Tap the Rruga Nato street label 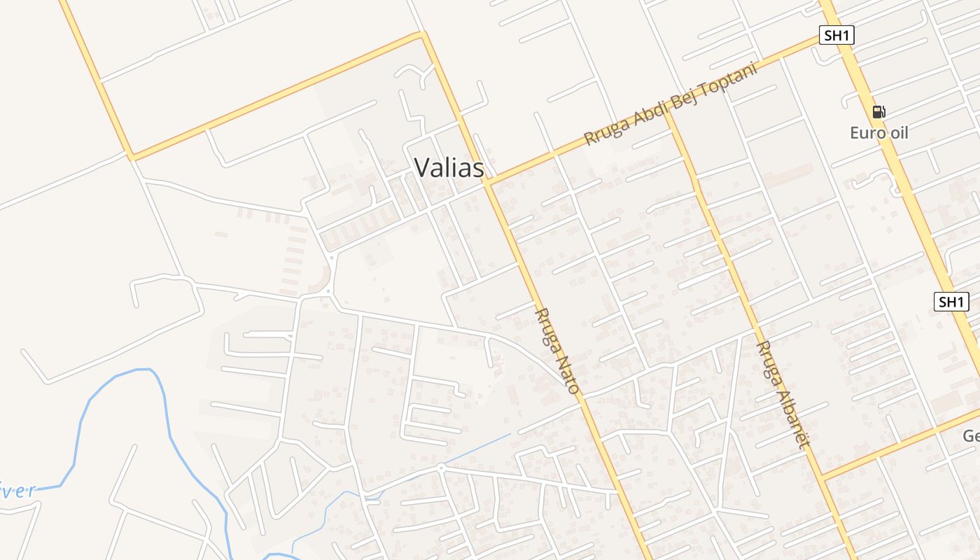tap(557, 350)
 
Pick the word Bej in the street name tap(675, 104)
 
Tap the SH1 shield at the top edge tap(836, 35)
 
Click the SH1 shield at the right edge tap(951, 302)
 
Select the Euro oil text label tap(878, 132)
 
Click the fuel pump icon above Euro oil tap(878, 111)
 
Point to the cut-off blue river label tap(17, 489)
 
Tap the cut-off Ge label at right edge tap(971, 436)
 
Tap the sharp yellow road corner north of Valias tap(422, 33)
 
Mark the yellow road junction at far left tap(130, 155)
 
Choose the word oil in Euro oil tap(897, 132)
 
